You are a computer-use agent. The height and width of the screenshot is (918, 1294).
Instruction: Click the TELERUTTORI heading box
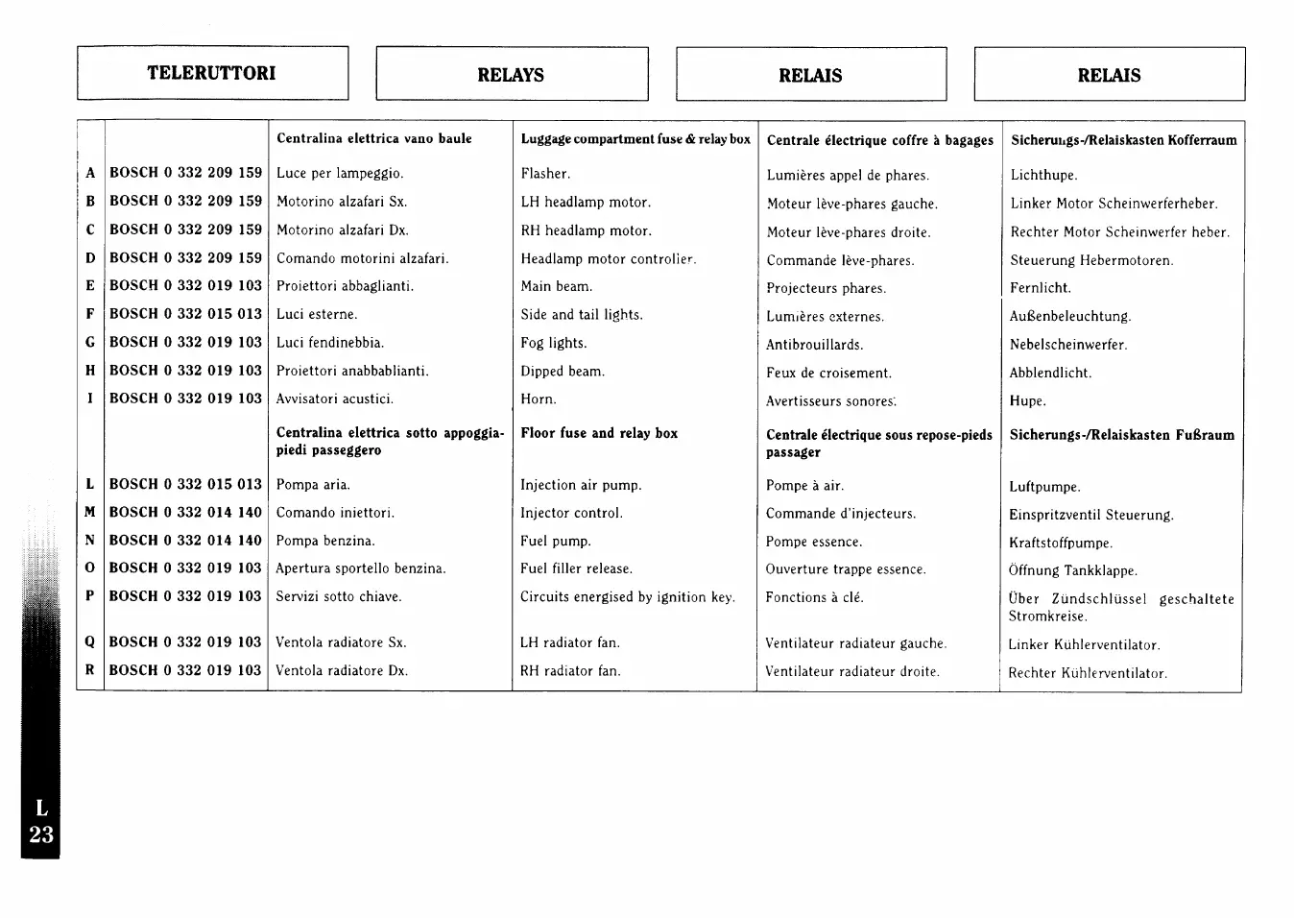coord(212,73)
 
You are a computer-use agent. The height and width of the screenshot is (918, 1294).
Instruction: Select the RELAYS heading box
coord(511,75)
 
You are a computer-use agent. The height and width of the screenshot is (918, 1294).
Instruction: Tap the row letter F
coord(90,314)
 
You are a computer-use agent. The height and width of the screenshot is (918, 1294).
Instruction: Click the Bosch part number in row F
coord(185,314)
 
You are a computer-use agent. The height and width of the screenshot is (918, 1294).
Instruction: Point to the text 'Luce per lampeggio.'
coord(340,174)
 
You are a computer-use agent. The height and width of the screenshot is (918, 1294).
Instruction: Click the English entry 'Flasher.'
coord(545,174)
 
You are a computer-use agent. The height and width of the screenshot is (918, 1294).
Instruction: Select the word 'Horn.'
coord(538,399)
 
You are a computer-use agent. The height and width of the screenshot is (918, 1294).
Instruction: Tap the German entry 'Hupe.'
coord(1027,401)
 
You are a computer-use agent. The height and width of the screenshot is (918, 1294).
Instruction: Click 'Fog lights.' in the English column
coord(553,343)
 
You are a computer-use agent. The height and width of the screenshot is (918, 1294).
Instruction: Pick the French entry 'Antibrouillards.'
coord(814,345)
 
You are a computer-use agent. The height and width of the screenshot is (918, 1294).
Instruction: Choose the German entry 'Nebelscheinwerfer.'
coord(1067,345)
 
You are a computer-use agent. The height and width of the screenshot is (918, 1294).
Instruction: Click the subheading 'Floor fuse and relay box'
coord(599,434)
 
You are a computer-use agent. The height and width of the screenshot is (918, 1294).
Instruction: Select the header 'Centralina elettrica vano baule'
coord(374,138)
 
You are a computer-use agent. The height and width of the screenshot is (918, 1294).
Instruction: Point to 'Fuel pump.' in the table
coord(555,542)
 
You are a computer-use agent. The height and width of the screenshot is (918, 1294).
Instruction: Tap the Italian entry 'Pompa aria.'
coord(313,485)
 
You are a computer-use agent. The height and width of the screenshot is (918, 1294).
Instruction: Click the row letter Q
coord(89,642)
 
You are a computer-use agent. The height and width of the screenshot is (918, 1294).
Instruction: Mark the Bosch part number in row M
coord(185,513)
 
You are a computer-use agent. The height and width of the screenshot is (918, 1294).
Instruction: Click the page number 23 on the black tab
coord(41,835)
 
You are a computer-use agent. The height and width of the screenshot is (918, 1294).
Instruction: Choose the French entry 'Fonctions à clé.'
coord(814,597)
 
